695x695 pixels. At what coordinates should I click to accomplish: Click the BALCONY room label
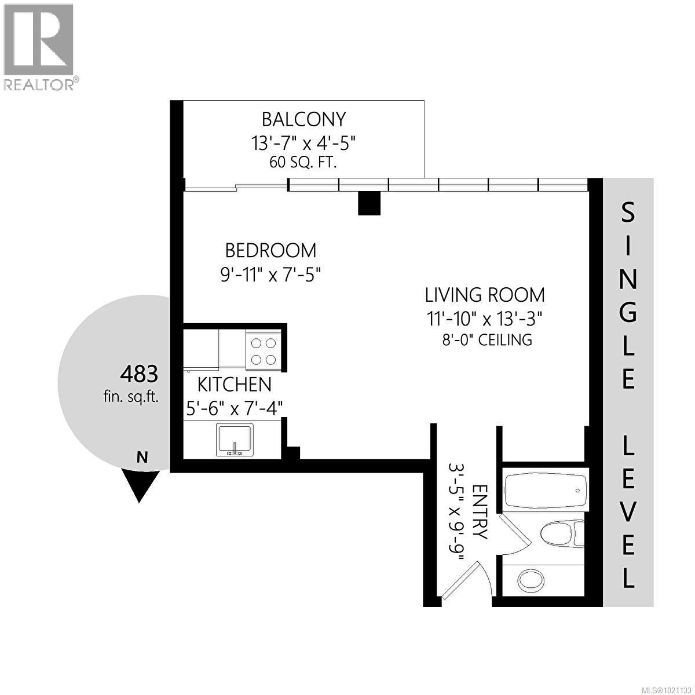303,119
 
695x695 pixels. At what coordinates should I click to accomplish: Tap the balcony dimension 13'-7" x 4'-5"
303,142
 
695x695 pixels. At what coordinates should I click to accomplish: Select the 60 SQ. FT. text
303,162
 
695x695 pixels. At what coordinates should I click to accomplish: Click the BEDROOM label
270,251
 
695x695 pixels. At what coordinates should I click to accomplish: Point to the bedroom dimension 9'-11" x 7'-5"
270,273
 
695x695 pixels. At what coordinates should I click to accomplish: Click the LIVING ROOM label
485,295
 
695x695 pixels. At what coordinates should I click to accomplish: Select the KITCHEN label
234,384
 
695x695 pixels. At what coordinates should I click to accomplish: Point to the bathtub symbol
544,491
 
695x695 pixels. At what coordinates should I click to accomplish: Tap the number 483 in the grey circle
138,374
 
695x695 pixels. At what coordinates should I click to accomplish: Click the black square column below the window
369,203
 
